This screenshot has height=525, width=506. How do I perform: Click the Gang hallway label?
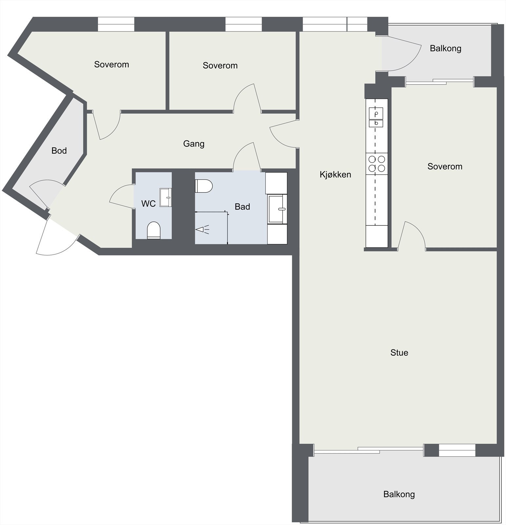pyautogui.click(x=193, y=144)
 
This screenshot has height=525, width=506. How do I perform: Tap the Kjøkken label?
pyautogui.click(x=335, y=175)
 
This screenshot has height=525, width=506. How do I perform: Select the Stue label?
pyautogui.click(x=399, y=353)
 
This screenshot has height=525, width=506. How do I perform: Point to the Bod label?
pyautogui.click(x=59, y=151)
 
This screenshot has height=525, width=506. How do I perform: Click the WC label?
pyautogui.click(x=148, y=204)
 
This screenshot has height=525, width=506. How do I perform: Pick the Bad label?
pyautogui.click(x=242, y=207)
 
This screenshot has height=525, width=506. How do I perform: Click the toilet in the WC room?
pyautogui.click(x=153, y=230)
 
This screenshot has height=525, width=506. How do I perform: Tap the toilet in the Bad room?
pyautogui.click(x=204, y=186)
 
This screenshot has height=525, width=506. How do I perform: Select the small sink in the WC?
pyautogui.click(x=166, y=197)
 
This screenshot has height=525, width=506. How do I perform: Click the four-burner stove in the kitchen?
pyautogui.click(x=376, y=164)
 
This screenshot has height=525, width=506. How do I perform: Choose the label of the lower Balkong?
pyautogui.click(x=399, y=494)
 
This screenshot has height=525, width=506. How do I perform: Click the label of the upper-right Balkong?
pyautogui.click(x=445, y=49)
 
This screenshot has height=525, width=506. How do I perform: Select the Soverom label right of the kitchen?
pyautogui.click(x=445, y=167)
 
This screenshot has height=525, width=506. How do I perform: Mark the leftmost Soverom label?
pyautogui.click(x=111, y=65)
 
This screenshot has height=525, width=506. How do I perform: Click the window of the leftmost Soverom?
pyautogui.click(x=116, y=24)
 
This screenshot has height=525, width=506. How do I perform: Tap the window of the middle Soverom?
pyautogui.click(x=243, y=24)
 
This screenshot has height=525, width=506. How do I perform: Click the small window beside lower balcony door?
pyautogui.click(x=457, y=450)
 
